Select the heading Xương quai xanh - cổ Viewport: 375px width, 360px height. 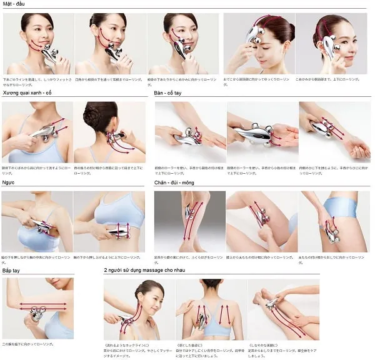pyautogui.click(x=29, y=93)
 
